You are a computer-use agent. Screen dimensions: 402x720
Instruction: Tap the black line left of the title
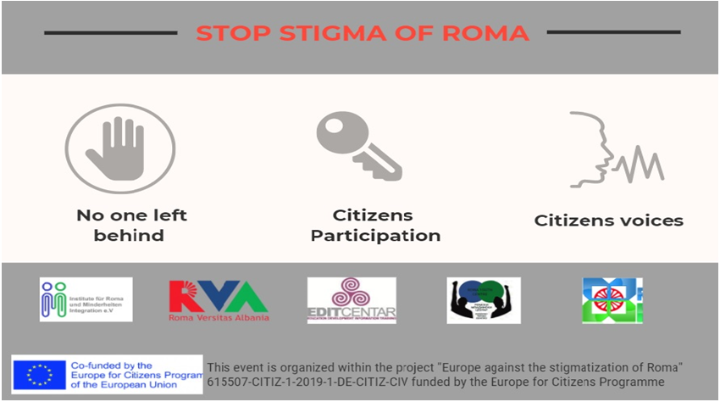coord(110,33)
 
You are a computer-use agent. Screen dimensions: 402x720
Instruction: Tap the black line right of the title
coord(613,32)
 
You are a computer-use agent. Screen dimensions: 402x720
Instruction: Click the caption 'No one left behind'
coord(131,225)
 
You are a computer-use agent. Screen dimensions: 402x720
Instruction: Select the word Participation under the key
coord(375,236)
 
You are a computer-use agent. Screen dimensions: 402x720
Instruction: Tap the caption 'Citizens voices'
coord(608,221)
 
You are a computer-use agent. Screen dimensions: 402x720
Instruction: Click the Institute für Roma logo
coord(86,299)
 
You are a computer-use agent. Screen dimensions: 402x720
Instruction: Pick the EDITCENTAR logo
coord(351,300)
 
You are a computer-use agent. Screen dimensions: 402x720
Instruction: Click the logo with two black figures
coord(483,300)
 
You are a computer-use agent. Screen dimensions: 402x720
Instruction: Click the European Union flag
coord(39,374)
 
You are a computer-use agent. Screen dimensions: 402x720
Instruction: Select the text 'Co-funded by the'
coord(107,364)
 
